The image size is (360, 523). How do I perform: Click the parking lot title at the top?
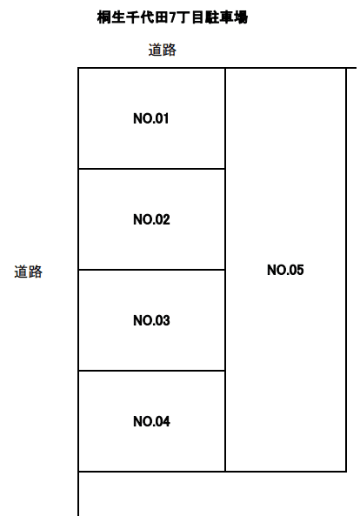click(172, 17)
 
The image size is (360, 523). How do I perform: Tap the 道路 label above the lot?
click(163, 50)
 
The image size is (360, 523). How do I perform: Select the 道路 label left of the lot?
click(29, 272)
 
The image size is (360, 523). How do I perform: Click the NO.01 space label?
click(151, 118)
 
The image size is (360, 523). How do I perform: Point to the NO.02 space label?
click(151, 219)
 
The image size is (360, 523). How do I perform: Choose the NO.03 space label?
click(151, 320)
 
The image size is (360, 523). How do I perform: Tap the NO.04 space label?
click(151, 421)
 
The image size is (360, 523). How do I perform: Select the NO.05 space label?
click(285, 270)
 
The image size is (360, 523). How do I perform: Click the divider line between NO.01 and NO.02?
click(151, 169)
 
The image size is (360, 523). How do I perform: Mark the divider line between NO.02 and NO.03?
click(151, 270)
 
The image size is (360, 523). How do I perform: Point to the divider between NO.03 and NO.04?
click(151, 371)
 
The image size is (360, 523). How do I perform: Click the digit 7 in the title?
click(172, 17)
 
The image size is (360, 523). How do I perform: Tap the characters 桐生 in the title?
click(111, 17)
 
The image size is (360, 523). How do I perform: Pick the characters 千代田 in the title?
click(147, 17)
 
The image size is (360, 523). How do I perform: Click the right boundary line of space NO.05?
click(346, 270)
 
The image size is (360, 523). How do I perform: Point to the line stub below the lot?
click(78, 493)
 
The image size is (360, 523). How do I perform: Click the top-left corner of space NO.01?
click(78, 68)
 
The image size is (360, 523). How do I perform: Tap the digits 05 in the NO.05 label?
click(296, 270)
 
